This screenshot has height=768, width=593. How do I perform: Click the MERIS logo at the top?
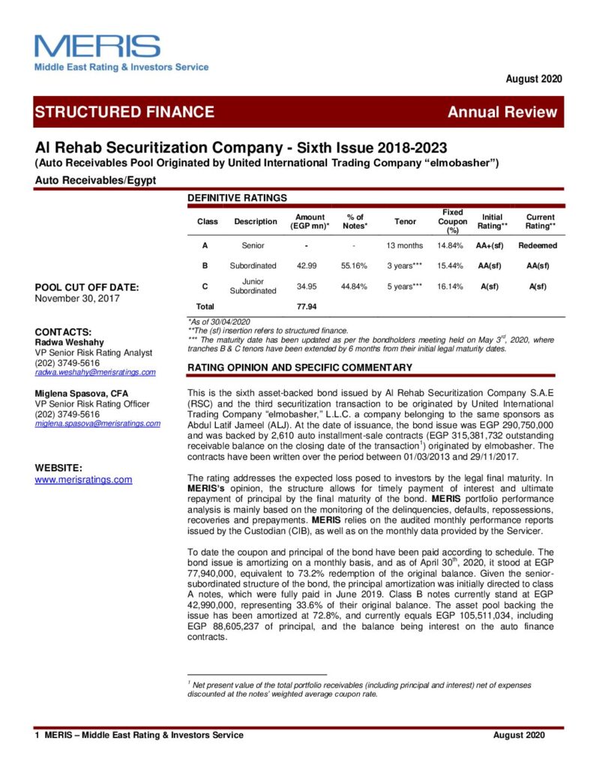tap(97, 46)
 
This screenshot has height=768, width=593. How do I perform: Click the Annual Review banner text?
tap(502, 112)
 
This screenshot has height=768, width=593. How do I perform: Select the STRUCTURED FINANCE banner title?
tap(124, 112)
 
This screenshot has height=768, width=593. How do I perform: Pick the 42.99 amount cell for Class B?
tap(307, 265)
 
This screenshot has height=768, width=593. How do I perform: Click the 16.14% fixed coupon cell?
tap(452, 286)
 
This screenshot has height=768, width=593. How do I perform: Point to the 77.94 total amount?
tap(307, 306)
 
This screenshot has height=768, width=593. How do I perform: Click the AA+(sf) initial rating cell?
tap(493, 245)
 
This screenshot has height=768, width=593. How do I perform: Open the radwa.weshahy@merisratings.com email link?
tap(95, 372)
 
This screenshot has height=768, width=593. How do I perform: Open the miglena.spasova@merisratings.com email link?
tap(97, 423)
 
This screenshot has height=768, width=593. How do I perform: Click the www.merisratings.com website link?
tap(83, 479)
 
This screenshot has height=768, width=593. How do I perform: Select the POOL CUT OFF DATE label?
tap(87, 286)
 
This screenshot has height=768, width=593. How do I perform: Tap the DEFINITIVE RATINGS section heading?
tap(237, 198)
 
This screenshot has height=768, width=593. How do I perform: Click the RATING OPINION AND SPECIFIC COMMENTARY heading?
tap(299, 367)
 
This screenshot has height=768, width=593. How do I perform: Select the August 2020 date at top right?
tap(534, 79)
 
